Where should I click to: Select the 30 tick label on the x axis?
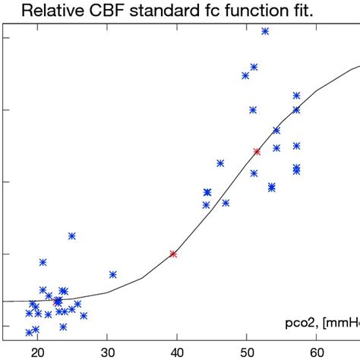pos(107,351)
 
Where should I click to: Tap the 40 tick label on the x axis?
pos(177,351)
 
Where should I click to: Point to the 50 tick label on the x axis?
pos(247,351)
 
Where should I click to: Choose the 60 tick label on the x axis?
pos(317,351)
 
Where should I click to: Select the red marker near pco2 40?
pos(173,254)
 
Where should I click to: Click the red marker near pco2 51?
pos(257,152)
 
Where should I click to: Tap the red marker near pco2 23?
pos(57,302)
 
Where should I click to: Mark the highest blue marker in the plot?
pos(265,31)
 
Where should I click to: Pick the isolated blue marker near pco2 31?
pos(112,274)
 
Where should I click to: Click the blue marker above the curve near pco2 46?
pos(220,163)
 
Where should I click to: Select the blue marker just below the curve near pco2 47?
pos(226,203)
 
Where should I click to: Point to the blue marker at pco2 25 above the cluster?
pos(71,235)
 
